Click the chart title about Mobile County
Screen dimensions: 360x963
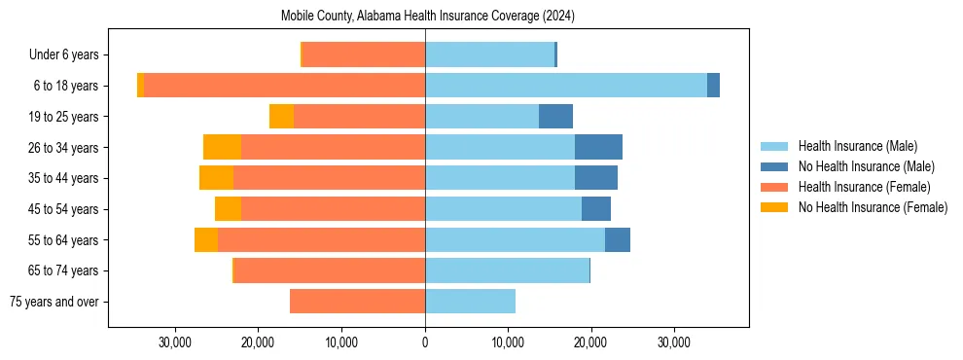pyautogui.click(x=428, y=17)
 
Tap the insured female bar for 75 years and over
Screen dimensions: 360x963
pyautogui.click(x=357, y=302)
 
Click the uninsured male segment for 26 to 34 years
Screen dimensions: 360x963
pyautogui.click(x=598, y=147)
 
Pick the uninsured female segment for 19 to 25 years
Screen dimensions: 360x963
pyautogui.click(x=281, y=117)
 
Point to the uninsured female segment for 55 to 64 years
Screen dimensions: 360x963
pyautogui.click(x=206, y=240)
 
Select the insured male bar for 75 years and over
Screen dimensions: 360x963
pyautogui.click(x=470, y=302)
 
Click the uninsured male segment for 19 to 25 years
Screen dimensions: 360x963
pyautogui.click(x=555, y=117)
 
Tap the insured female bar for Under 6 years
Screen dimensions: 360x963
pyautogui.click(x=364, y=54)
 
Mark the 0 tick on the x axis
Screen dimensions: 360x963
pyautogui.click(x=425, y=343)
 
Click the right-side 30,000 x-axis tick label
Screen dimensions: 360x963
pyautogui.click(x=674, y=343)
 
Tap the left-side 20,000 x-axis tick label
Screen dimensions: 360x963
pyautogui.click(x=259, y=343)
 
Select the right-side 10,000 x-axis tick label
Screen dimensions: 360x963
pyautogui.click(x=508, y=343)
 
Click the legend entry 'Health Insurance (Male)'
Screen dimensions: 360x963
pyautogui.click(x=857, y=146)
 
